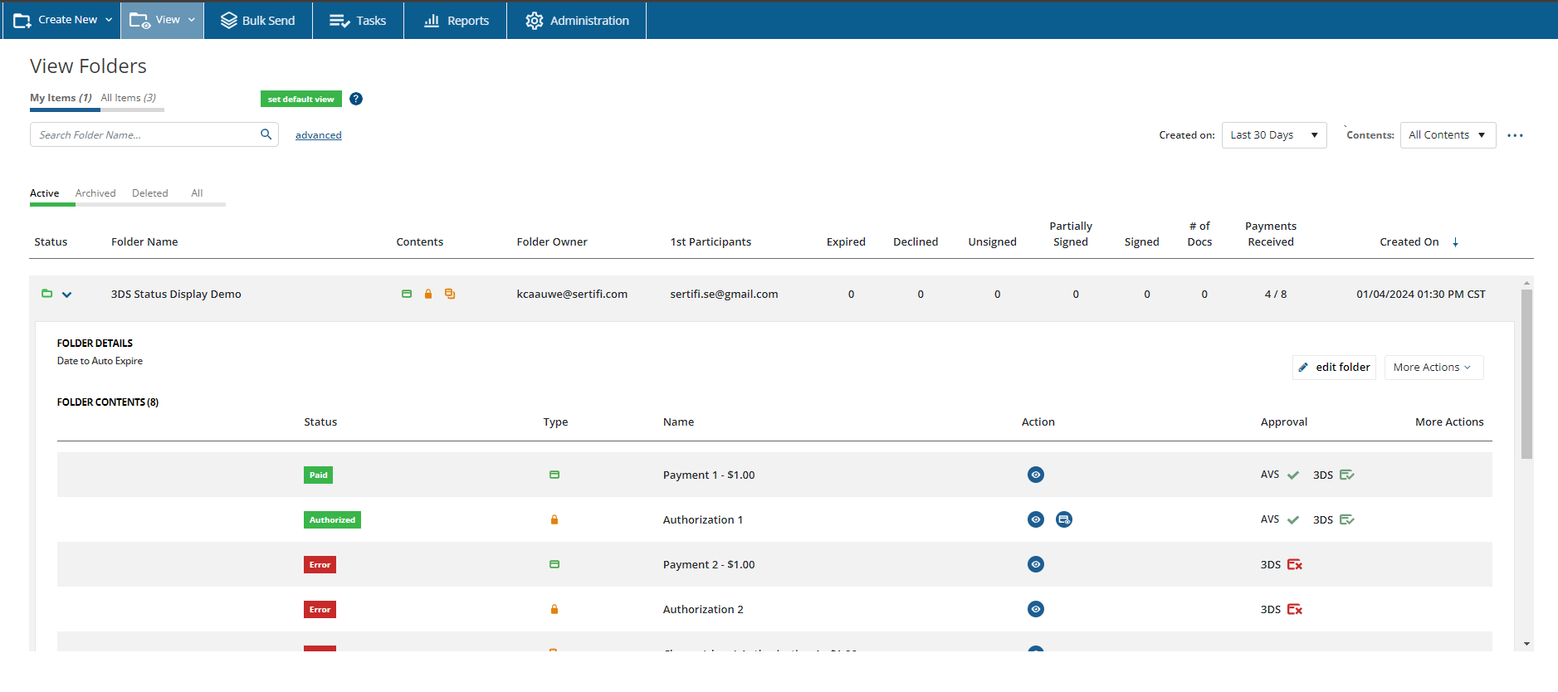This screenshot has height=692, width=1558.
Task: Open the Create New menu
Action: [62, 20]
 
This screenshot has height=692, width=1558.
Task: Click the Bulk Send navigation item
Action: [257, 20]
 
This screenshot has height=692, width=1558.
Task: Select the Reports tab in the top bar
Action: [456, 20]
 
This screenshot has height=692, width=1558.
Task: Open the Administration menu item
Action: [577, 20]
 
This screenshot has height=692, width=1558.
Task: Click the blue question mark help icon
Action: [356, 99]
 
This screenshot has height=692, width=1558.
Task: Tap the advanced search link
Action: [319, 135]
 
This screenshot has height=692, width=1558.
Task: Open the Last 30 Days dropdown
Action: [1274, 135]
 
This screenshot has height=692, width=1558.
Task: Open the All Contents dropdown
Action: [1448, 135]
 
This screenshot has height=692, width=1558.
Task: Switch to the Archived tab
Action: [95, 193]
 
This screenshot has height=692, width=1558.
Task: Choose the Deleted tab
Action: [150, 193]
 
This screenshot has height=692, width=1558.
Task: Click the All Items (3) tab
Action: [129, 98]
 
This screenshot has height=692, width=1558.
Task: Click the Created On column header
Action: [1409, 242]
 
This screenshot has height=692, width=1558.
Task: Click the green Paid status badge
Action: [319, 475]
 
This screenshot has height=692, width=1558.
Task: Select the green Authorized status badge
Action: [332, 520]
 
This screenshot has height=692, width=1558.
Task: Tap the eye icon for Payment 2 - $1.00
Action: [1036, 564]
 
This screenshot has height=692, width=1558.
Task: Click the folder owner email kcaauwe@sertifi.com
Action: [572, 295]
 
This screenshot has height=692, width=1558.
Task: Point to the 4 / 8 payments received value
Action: [1276, 295]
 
